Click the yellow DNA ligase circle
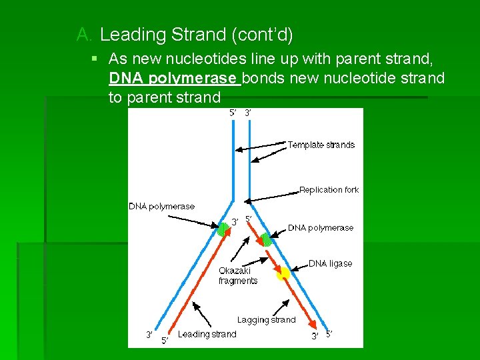pos(283,272)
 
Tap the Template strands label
pos(321,145)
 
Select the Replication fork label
pos(329,190)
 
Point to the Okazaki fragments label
pos(238,276)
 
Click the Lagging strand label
pos(266,320)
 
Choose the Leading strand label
pos(207,334)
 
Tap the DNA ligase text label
pos(330,263)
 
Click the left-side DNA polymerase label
pos(161,206)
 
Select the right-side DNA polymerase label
pos(321,227)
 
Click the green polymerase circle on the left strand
pos(223,230)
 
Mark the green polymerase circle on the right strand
pos(265,239)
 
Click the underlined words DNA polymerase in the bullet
pos(173,79)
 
